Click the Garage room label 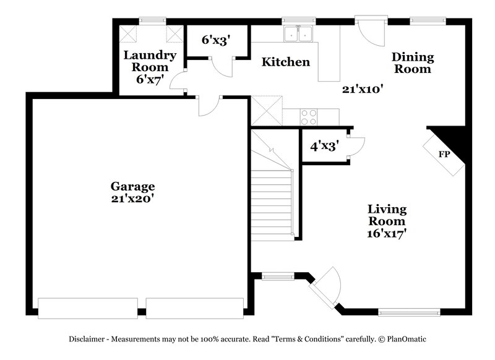click(132, 186)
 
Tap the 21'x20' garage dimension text click(132, 199)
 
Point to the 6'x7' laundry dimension click(150, 79)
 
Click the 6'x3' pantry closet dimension click(217, 40)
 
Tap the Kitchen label click(285, 62)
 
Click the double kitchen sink click(298, 35)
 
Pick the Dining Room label click(413, 63)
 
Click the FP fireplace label click(444, 154)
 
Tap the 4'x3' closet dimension click(323, 147)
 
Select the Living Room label click(387, 215)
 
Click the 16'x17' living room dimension click(387, 234)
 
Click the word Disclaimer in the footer click(90, 339)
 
